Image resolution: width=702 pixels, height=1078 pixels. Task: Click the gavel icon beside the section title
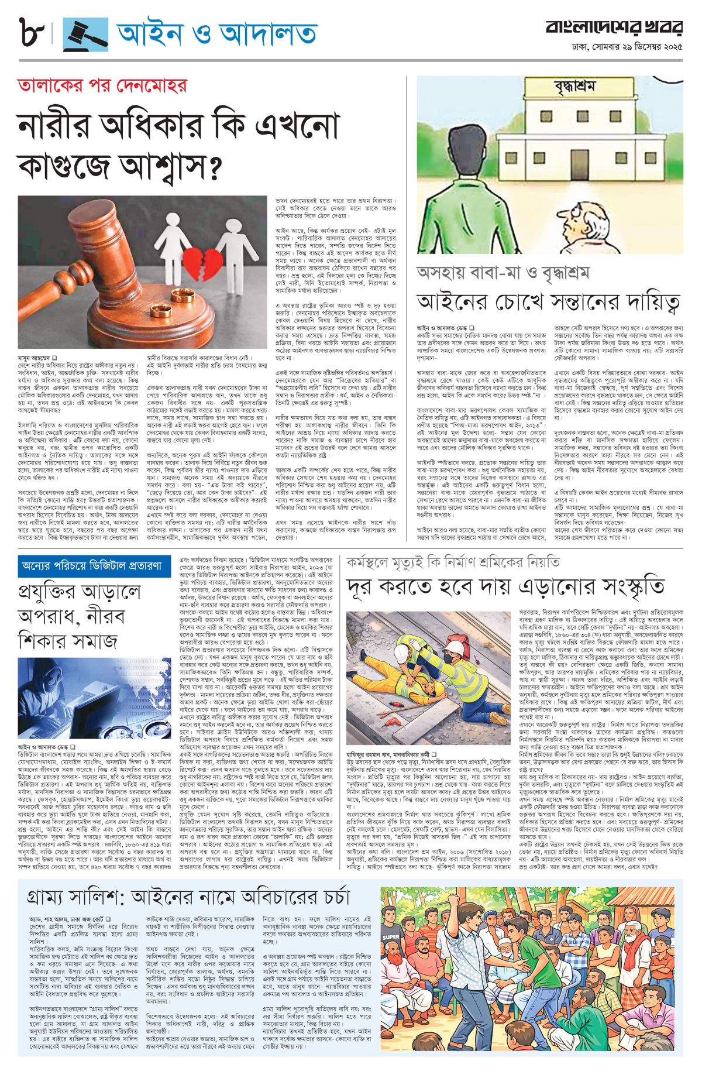coord(85,35)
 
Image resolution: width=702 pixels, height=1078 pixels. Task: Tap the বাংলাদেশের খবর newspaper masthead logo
coord(614,28)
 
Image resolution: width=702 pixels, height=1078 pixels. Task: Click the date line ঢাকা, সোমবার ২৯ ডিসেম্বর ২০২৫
coord(627,46)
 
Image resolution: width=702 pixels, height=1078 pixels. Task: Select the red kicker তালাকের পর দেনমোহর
coord(102,86)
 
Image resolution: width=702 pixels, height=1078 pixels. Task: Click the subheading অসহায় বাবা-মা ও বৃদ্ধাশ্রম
coord(503,272)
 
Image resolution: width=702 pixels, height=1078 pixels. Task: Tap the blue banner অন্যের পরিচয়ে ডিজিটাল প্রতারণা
coord(94,567)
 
